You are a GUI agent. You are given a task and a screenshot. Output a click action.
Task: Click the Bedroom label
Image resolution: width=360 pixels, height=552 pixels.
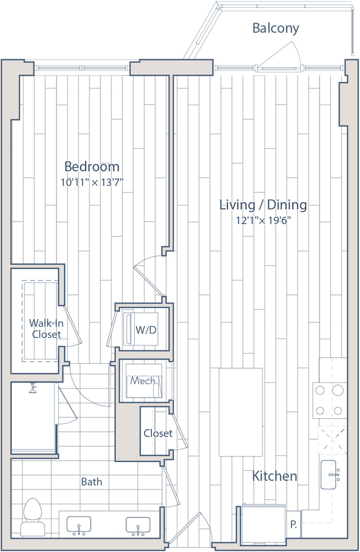click(92, 166)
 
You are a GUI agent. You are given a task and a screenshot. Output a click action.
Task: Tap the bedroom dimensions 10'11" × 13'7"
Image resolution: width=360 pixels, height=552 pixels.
click(92, 183)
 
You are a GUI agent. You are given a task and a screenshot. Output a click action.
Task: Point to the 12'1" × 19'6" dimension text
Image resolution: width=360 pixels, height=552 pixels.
click(263, 220)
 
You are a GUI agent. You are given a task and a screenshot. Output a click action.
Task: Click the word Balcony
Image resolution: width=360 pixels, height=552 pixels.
click(275, 29)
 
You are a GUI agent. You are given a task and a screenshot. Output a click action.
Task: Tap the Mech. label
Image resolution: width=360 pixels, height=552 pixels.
click(143, 381)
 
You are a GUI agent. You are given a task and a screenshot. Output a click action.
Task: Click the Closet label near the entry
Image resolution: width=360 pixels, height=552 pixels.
click(158, 433)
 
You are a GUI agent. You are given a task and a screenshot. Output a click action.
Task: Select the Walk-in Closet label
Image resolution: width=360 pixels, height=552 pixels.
click(46, 328)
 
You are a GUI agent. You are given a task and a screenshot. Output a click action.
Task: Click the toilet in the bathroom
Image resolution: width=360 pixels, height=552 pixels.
click(32, 516)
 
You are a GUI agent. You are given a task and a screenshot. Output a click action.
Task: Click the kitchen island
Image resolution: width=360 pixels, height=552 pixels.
click(240, 411)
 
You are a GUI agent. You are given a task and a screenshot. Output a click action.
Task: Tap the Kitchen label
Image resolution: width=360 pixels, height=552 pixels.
click(274, 477)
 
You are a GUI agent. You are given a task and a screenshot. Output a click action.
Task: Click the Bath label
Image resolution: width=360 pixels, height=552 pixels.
click(89, 481)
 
